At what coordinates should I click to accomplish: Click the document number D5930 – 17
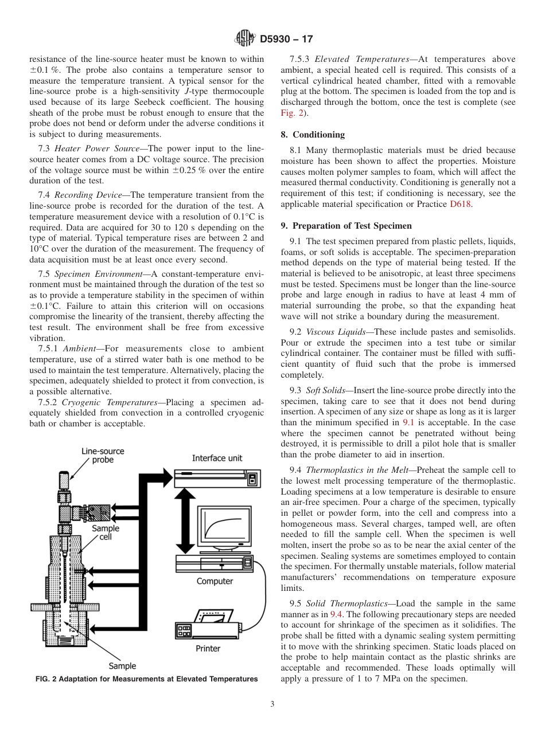[286, 40]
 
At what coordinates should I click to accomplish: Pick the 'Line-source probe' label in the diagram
[103, 456]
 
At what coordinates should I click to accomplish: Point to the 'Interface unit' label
[217, 458]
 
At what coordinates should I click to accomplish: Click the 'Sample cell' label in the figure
[106, 532]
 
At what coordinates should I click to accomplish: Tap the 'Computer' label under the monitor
[215, 581]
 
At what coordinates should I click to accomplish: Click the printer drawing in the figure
[212, 625]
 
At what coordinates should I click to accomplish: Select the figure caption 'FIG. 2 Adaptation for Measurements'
[146, 679]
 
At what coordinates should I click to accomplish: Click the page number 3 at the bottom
[272, 704]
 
